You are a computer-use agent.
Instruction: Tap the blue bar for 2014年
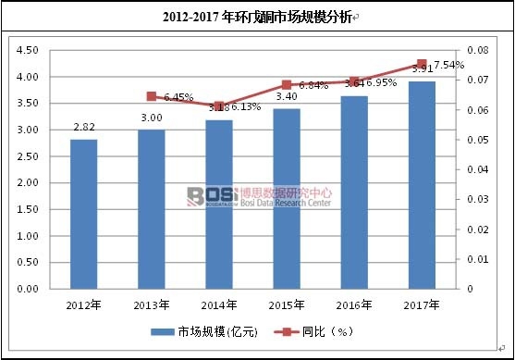219,205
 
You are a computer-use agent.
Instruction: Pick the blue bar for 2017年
422,185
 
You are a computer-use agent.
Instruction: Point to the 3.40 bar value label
287,97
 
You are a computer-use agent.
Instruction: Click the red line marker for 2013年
152,96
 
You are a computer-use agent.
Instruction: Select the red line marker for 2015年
287,84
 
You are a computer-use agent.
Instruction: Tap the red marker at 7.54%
422,64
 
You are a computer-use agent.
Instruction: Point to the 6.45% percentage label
178,96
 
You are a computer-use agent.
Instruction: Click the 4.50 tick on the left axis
27,50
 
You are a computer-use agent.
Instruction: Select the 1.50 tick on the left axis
27,209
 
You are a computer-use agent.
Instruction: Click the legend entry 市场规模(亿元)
201,330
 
